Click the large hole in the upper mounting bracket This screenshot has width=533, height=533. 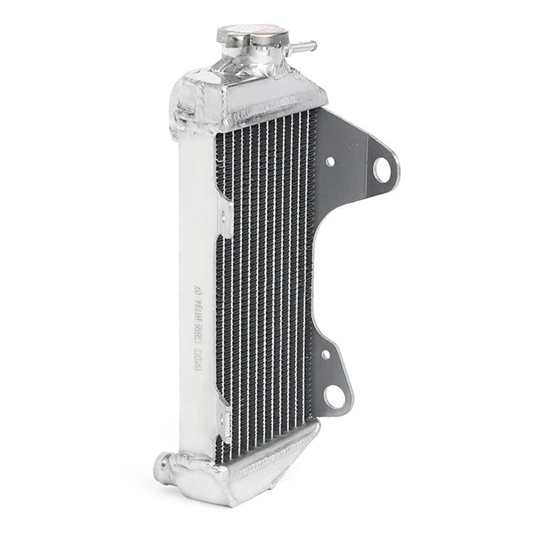pos(382,169)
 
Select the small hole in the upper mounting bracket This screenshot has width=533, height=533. pos(330,162)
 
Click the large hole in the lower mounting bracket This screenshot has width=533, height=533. pos(335,396)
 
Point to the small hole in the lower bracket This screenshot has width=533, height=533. pos(325,354)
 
